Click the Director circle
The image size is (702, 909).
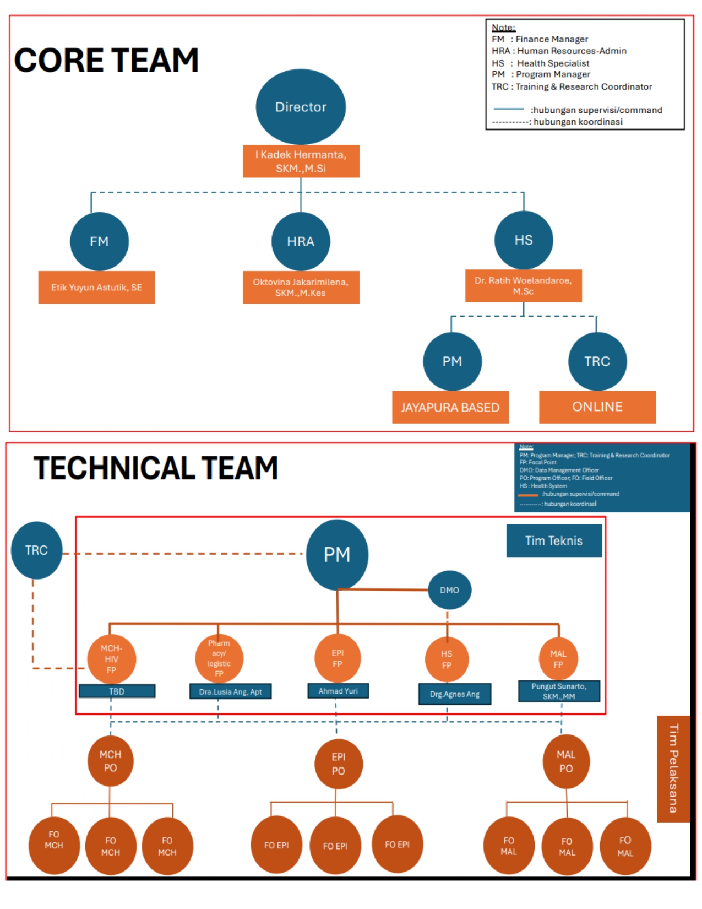click(301, 107)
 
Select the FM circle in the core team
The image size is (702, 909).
click(99, 241)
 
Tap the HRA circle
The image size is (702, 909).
click(301, 241)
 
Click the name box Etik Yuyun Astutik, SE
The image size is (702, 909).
click(96, 287)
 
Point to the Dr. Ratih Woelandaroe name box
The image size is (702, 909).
click(523, 285)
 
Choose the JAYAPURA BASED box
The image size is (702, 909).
click(450, 407)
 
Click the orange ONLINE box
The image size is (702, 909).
click(597, 407)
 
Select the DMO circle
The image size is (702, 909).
click(449, 590)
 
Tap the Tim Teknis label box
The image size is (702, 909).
click(554, 540)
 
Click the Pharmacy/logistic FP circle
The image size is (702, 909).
click(219, 658)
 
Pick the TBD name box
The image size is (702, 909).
click(117, 691)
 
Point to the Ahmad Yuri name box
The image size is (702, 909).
click(338, 691)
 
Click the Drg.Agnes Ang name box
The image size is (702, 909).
click(455, 694)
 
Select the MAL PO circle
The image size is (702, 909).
click(566, 761)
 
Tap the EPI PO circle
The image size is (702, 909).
click(338, 764)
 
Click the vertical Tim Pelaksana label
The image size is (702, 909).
click(673, 769)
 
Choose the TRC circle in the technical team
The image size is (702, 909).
click(36, 550)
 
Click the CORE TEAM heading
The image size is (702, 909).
click(106, 60)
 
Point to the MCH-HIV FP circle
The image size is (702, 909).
click(111, 659)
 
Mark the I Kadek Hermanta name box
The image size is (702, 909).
click(301, 161)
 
